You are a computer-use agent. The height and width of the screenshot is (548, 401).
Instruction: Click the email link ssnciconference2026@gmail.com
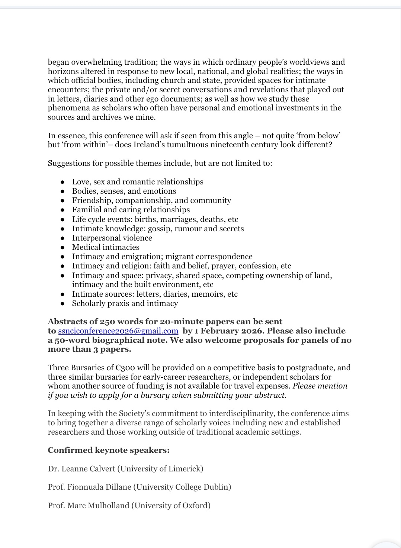point(118,331)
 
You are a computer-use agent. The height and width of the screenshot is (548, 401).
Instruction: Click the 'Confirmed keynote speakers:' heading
point(109,450)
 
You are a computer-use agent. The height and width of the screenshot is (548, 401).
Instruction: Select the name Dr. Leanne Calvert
point(81,469)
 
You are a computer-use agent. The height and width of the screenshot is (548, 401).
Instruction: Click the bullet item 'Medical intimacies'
point(106,247)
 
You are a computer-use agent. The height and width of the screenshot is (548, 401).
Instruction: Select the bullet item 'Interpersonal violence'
point(112,238)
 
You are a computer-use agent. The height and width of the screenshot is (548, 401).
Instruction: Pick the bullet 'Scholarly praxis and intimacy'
point(125,303)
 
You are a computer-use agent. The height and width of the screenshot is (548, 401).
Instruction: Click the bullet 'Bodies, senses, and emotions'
point(124,191)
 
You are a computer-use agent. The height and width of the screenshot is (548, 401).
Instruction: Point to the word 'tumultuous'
point(187,145)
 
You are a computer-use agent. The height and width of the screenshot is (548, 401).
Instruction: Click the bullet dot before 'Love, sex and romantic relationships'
point(63,182)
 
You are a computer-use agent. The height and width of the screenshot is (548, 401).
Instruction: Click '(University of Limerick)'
point(160,469)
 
